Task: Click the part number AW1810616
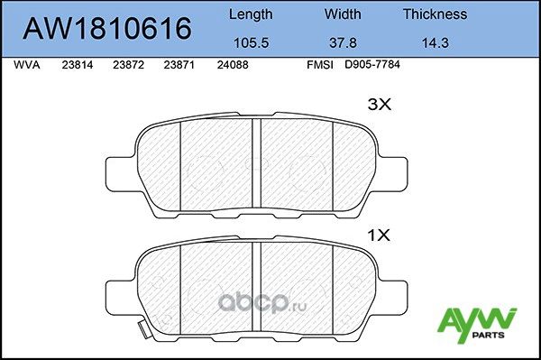click(106, 29)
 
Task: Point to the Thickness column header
click(435, 14)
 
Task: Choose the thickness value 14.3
click(435, 42)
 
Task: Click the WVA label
click(28, 66)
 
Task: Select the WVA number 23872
click(129, 66)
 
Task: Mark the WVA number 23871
click(180, 66)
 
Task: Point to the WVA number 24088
click(233, 66)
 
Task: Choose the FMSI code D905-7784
click(371, 66)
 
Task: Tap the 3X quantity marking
click(380, 105)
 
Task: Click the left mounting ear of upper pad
click(120, 174)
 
